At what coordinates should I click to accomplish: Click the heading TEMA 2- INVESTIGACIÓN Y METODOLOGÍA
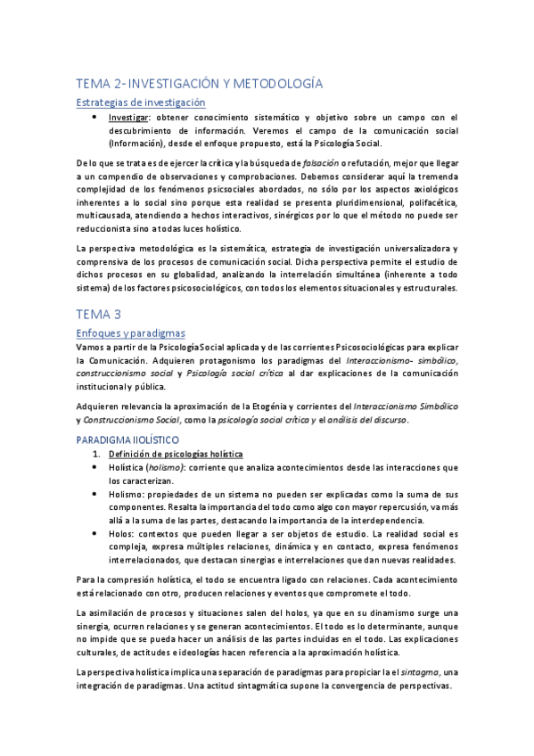[x=199, y=83]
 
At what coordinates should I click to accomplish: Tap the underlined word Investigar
[x=129, y=117]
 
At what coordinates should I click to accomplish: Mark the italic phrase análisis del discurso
[x=365, y=420]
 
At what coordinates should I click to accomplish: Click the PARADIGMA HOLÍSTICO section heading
[x=128, y=440]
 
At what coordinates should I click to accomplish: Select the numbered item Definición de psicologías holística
[x=168, y=455]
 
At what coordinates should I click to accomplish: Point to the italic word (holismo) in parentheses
[x=159, y=467]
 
